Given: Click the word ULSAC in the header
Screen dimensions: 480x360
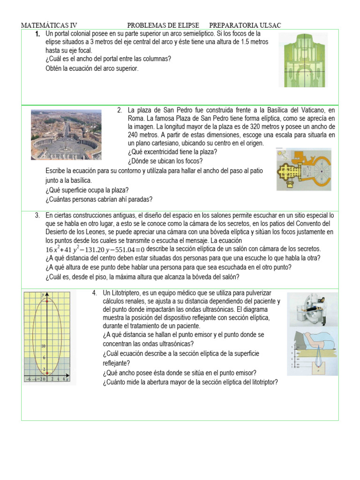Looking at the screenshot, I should pos(270,25).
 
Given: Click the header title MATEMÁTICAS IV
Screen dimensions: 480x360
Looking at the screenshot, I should pos(49,25).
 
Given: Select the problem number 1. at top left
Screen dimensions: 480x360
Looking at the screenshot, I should pos(37,35).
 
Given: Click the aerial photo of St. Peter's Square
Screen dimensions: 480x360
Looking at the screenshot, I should pos(66,135).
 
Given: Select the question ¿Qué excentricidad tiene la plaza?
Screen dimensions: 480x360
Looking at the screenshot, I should pos(172,152).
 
